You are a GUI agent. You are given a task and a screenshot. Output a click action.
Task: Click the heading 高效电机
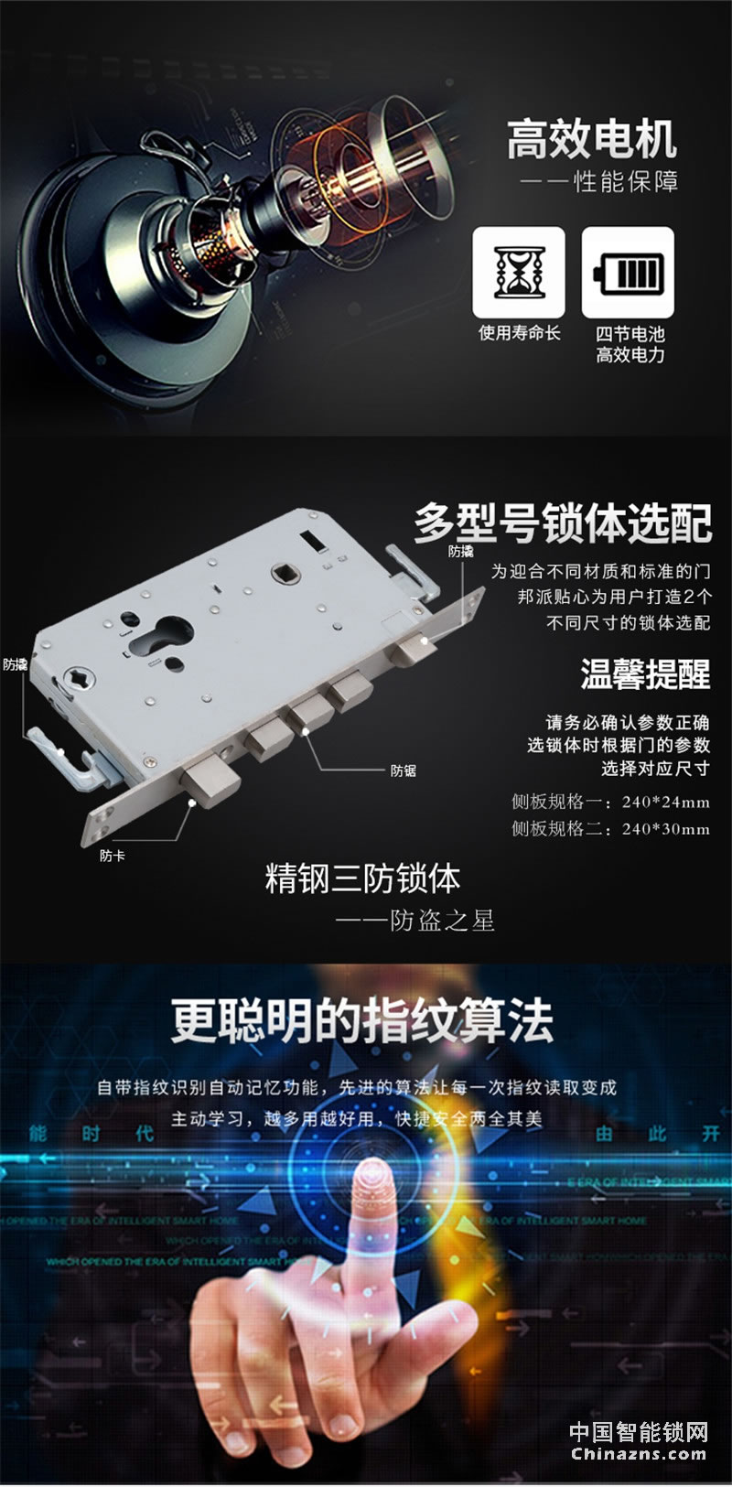592,140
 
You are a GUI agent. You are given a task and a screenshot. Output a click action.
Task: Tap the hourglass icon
518,272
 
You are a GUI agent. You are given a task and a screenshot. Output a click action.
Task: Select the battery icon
628,272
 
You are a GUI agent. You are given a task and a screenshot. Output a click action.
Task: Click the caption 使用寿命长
519,333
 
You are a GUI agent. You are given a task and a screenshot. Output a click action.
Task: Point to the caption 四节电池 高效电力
630,344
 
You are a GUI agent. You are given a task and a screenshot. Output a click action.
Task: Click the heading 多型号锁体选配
562,523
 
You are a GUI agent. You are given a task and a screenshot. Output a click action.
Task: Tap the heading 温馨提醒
645,674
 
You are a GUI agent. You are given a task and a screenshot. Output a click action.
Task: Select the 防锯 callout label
404,770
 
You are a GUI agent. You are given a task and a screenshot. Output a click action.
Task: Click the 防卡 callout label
113,856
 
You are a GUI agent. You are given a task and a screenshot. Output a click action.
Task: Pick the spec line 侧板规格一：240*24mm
610,802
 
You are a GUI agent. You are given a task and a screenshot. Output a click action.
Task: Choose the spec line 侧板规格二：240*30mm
610,828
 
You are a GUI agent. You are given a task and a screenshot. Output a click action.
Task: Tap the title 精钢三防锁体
362,878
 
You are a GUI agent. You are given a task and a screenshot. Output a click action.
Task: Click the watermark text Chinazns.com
639,1454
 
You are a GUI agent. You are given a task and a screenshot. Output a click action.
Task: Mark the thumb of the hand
439,1325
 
